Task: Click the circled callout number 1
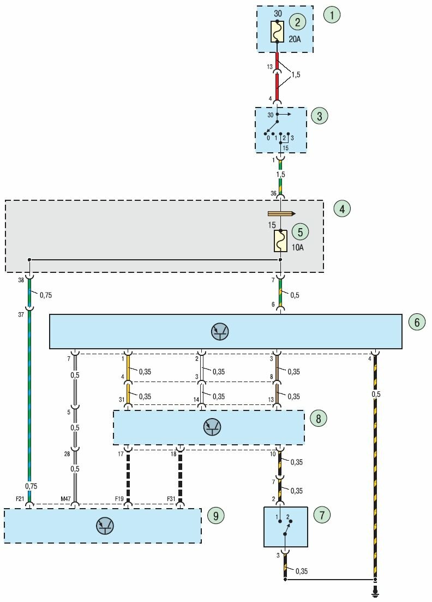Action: coord(331,14)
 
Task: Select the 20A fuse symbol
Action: coord(277,32)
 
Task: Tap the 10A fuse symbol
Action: coord(280,241)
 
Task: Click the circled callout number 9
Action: coord(215,515)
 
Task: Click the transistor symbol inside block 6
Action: coord(220,331)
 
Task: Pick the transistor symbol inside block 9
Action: coord(104,526)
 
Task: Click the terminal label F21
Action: coord(20,499)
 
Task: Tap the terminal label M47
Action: coord(66,499)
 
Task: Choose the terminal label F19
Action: coord(119,499)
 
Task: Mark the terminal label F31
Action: coord(171,499)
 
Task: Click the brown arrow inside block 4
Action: coord(281,213)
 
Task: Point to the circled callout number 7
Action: coord(322,514)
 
